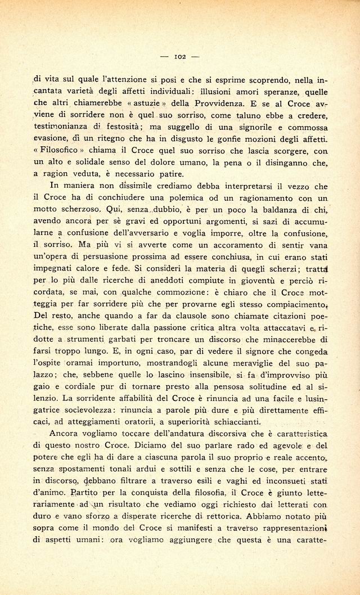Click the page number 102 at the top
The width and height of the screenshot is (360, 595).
180,56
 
